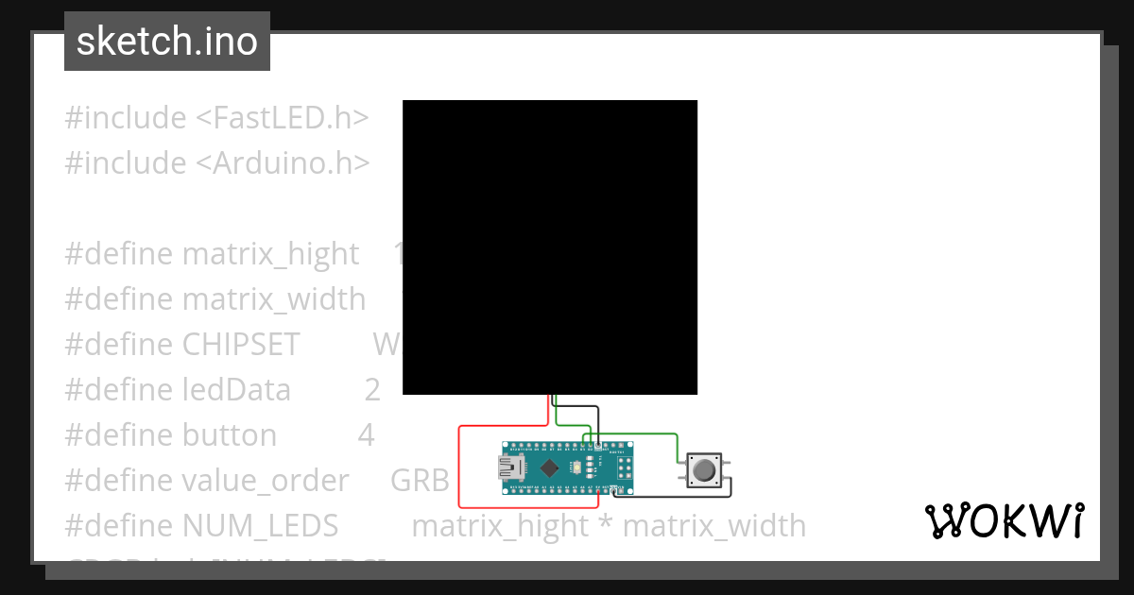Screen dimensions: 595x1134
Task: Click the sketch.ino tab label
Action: [167, 42]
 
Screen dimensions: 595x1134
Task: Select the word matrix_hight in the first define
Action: [270, 254]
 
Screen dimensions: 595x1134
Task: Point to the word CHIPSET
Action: [240, 345]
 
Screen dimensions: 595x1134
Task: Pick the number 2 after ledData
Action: [372, 390]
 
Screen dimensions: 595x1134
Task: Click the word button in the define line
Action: [230, 435]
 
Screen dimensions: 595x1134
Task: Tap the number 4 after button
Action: [367, 435]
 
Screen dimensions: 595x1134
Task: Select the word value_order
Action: [265, 481]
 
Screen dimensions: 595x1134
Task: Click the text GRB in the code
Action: [420, 481]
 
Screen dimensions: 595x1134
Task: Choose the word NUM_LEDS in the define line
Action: [260, 526]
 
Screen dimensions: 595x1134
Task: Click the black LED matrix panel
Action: [550, 247]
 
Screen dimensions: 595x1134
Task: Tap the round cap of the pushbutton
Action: [704, 469]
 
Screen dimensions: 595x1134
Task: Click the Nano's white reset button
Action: [577, 467]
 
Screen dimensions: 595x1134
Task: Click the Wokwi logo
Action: [1004, 520]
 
